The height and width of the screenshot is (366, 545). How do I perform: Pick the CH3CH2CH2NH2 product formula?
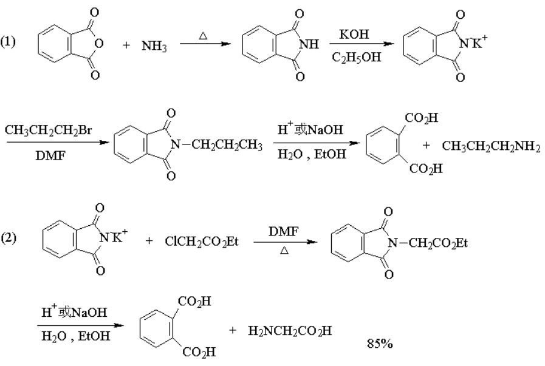(490, 146)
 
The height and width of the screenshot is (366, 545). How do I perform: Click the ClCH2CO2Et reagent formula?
(202, 242)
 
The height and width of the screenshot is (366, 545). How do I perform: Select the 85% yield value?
(380, 344)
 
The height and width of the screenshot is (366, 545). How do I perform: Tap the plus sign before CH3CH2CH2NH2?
(425, 146)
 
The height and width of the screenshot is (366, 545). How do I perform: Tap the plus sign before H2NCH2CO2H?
(232, 331)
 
